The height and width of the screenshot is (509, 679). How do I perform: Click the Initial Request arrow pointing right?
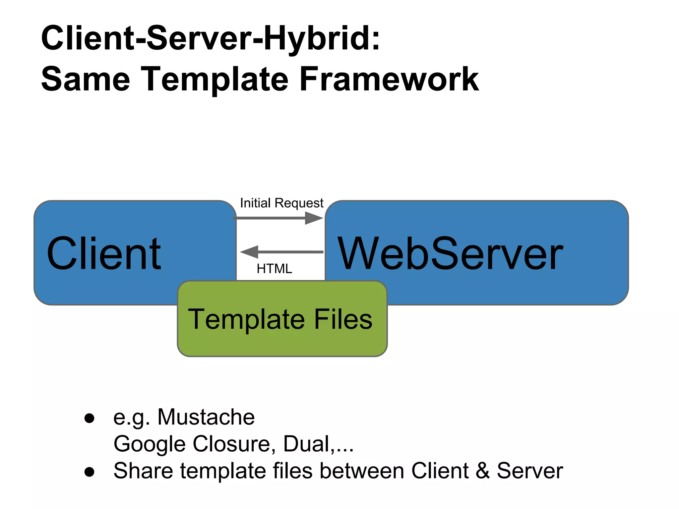tap(278, 218)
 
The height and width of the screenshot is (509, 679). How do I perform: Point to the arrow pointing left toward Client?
tap(282, 252)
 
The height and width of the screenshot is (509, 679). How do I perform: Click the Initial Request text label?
tap(281, 203)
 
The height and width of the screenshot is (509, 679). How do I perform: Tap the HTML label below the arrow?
tap(274, 268)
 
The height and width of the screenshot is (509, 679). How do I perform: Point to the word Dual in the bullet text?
tap(307, 444)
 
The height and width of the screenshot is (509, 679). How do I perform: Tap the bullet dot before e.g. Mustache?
tap(89, 418)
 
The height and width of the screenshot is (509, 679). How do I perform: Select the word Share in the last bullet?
tap(143, 471)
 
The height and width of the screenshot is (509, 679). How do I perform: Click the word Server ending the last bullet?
tap(529, 471)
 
